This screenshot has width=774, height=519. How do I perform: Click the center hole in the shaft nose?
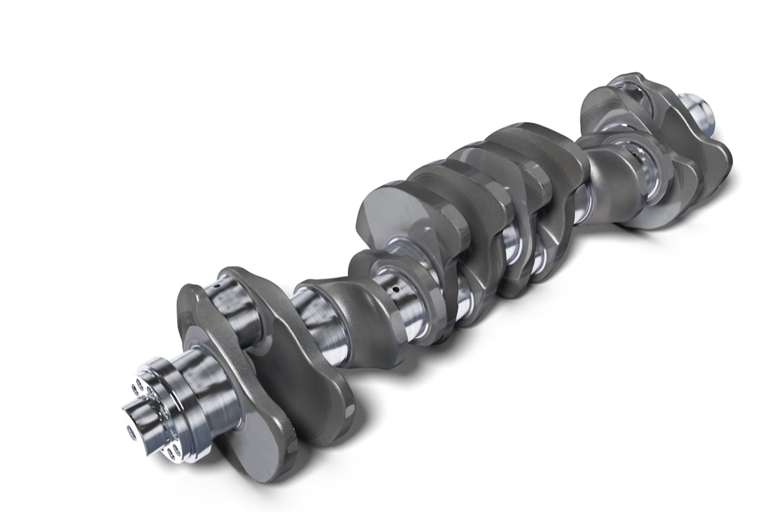tap(130, 430)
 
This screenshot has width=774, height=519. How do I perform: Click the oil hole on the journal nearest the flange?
tap(216, 286)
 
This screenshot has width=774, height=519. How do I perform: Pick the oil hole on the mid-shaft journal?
tap(396, 290)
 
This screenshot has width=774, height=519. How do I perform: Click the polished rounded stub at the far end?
tap(700, 112)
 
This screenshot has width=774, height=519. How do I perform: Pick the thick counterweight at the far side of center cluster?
tap(539, 151)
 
